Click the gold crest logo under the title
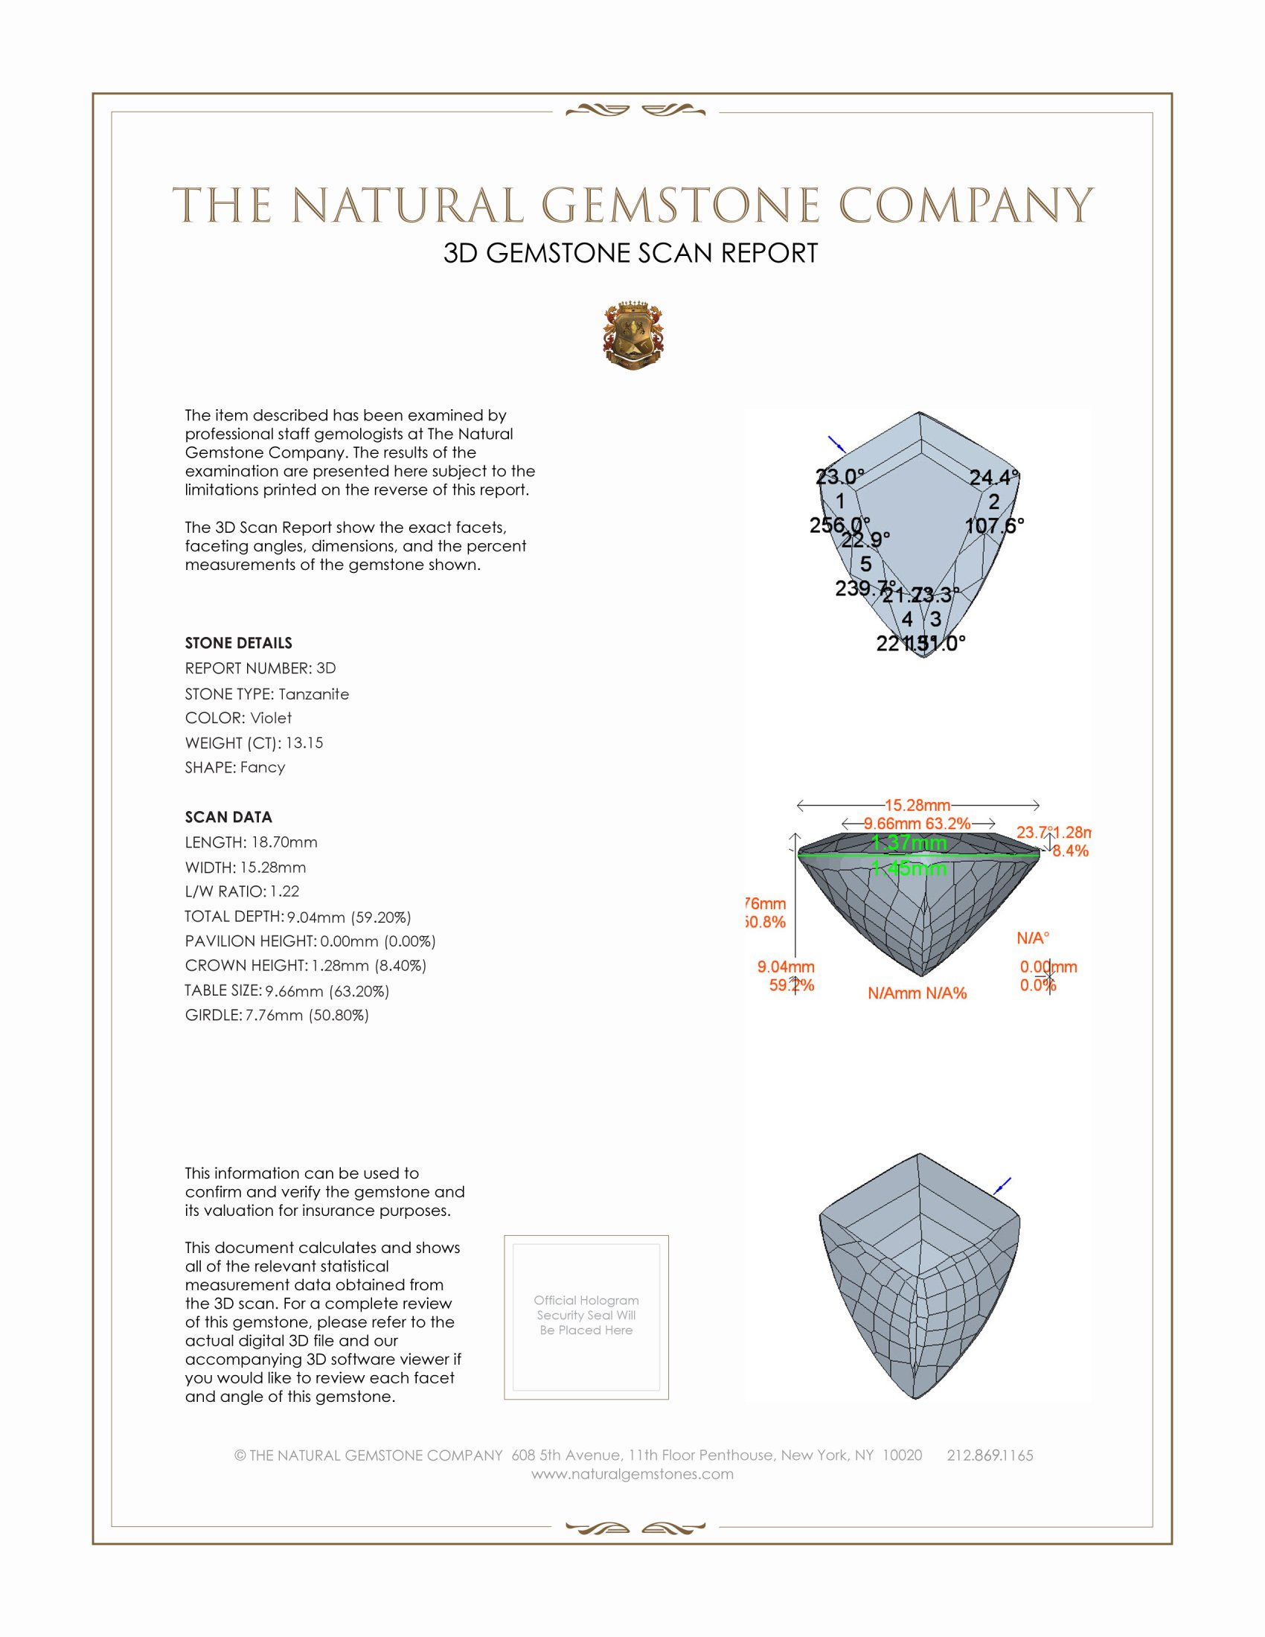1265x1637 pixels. pos(633,336)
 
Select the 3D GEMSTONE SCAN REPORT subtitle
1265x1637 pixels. pos(630,253)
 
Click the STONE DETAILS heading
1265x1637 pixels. pos(238,643)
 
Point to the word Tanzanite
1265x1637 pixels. pos(313,694)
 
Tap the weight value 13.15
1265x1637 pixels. pos(304,743)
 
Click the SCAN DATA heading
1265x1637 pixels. pos(228,817)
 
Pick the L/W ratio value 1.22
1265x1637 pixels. pos(285,891)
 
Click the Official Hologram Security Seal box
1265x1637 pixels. pos(586,1317)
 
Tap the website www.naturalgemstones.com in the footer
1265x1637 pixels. pos(632,1473)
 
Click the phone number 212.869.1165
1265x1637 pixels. pos(990,1455)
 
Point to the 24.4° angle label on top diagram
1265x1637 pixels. pos(993,478)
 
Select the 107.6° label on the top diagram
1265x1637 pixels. pos(993,525)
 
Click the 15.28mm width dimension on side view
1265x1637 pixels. pos(917,805)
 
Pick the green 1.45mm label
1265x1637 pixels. pos(909,868)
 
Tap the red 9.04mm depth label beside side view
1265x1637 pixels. pos(785,967)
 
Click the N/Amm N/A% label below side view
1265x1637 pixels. pos(917,993)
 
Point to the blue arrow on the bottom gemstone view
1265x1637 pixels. pos(1002,1186)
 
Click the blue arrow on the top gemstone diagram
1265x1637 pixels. pos(836,443)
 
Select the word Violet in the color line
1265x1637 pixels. pos(271,718)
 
